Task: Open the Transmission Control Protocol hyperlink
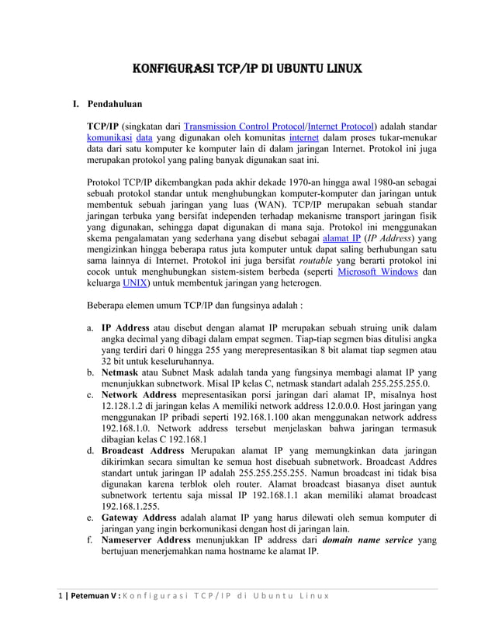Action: pos(244,126)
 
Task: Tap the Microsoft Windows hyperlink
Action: pos(378,272)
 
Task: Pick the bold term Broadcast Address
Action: pos(143,451)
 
